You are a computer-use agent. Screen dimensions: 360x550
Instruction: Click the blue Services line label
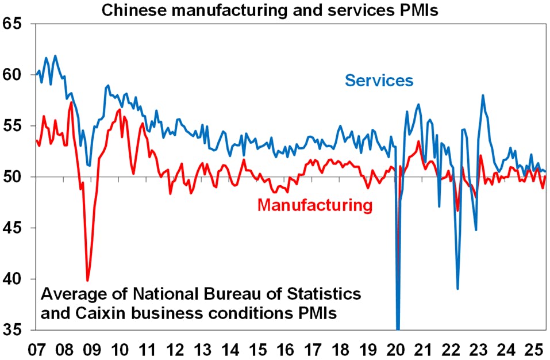tap(379, 80)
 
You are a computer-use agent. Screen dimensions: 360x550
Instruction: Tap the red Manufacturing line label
tap(315, 205)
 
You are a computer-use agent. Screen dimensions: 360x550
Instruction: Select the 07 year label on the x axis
tap(35, 348)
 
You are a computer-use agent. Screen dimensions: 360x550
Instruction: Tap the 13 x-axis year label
tap(202, 348)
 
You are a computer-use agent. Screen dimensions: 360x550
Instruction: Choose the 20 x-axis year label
tap(397, 348)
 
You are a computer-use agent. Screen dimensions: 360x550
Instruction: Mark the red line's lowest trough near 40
tap(87, 281)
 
